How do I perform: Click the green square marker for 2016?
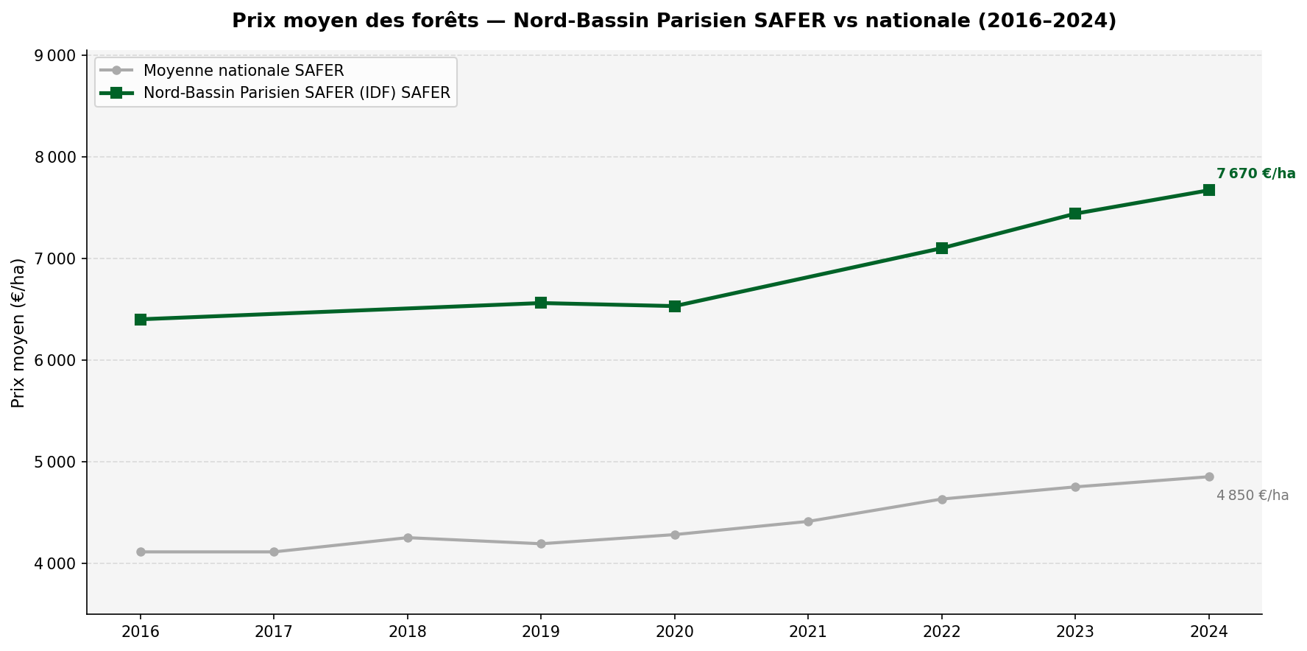141,320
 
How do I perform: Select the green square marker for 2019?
541,303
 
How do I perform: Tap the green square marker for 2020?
675,306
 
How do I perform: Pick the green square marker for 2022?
942,248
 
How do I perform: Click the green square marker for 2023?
1075,214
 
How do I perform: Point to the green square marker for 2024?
1209,190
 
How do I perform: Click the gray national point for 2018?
408,538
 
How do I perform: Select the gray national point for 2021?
808,521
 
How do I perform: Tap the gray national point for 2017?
274,552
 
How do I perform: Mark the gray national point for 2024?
1209,476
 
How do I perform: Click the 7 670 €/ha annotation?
1255,174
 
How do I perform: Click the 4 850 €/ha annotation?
1253,496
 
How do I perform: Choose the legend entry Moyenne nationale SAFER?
244,71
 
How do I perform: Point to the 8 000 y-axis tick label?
57,157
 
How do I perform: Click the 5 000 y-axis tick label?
57,462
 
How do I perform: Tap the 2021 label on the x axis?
808,631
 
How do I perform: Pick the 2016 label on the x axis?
141,631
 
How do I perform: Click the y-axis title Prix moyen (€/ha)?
19,333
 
